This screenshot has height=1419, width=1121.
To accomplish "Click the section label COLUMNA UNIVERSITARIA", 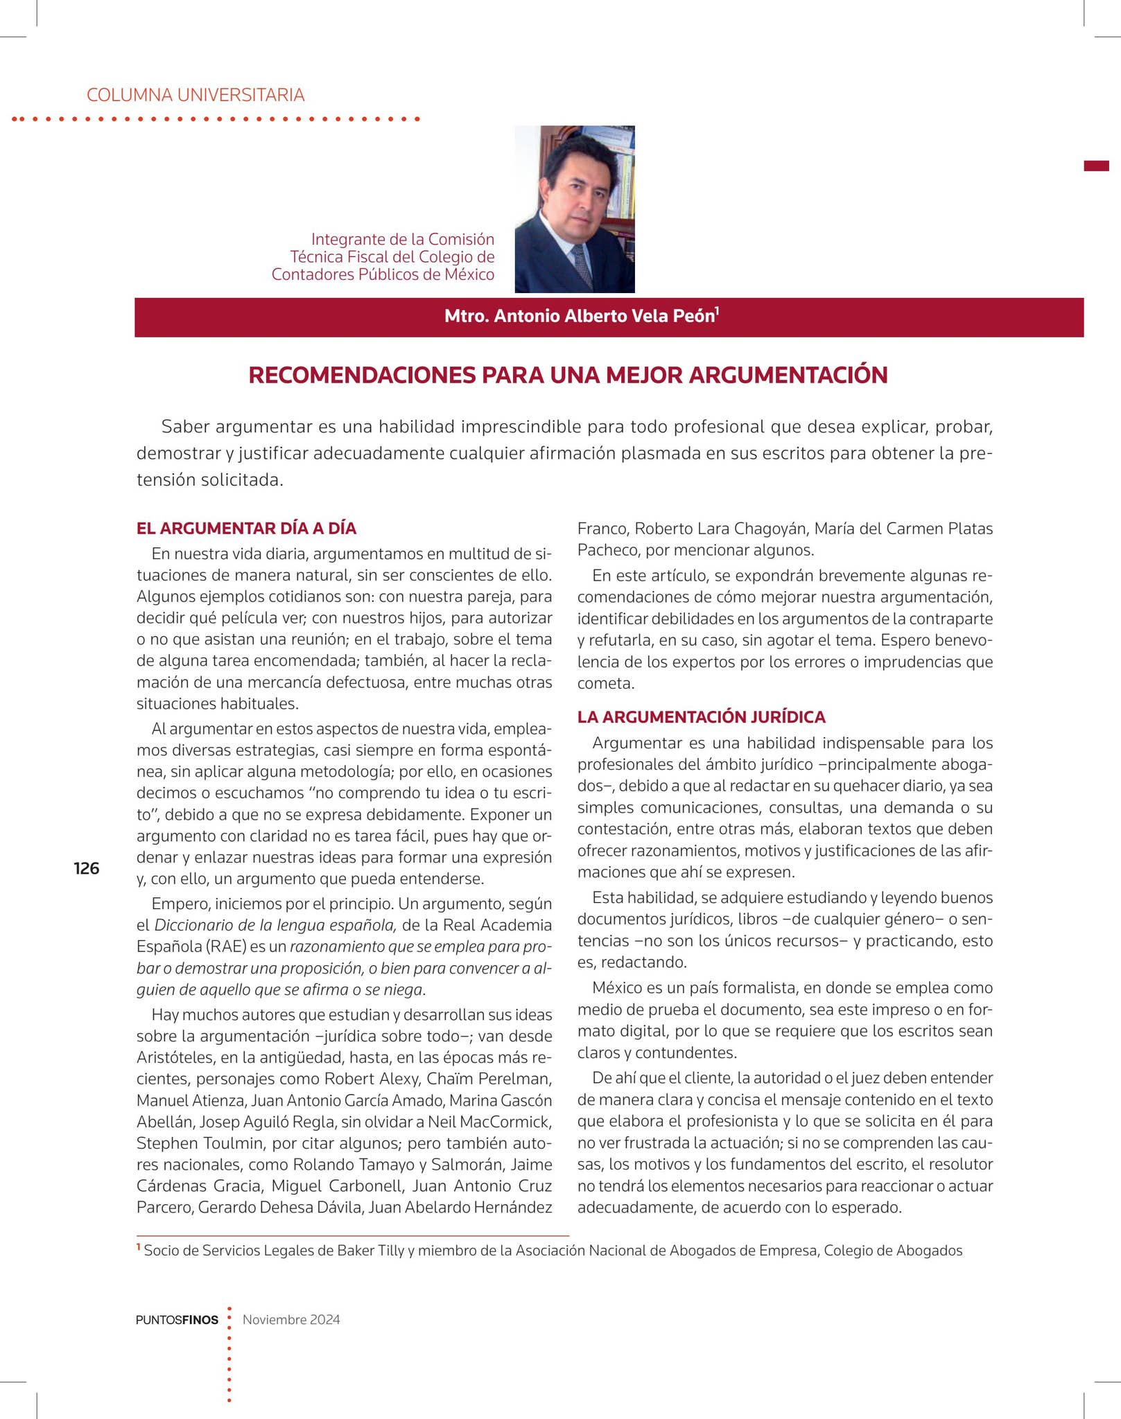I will (195, 95).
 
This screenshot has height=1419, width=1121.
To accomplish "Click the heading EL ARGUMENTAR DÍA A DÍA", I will (246, 529).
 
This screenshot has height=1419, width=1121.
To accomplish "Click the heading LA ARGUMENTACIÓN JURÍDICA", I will (701, 717).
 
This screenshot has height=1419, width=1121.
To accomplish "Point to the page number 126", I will (87, 868).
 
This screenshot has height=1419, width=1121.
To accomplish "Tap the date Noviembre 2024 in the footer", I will (291, 1319).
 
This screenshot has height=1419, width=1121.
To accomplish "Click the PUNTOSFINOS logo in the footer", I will (177, 1320).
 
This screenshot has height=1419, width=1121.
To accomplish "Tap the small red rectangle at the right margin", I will (1096, 166).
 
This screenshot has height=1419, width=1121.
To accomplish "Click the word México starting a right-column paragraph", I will (617, 988).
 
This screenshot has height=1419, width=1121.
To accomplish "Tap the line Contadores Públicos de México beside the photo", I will (383, 275).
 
